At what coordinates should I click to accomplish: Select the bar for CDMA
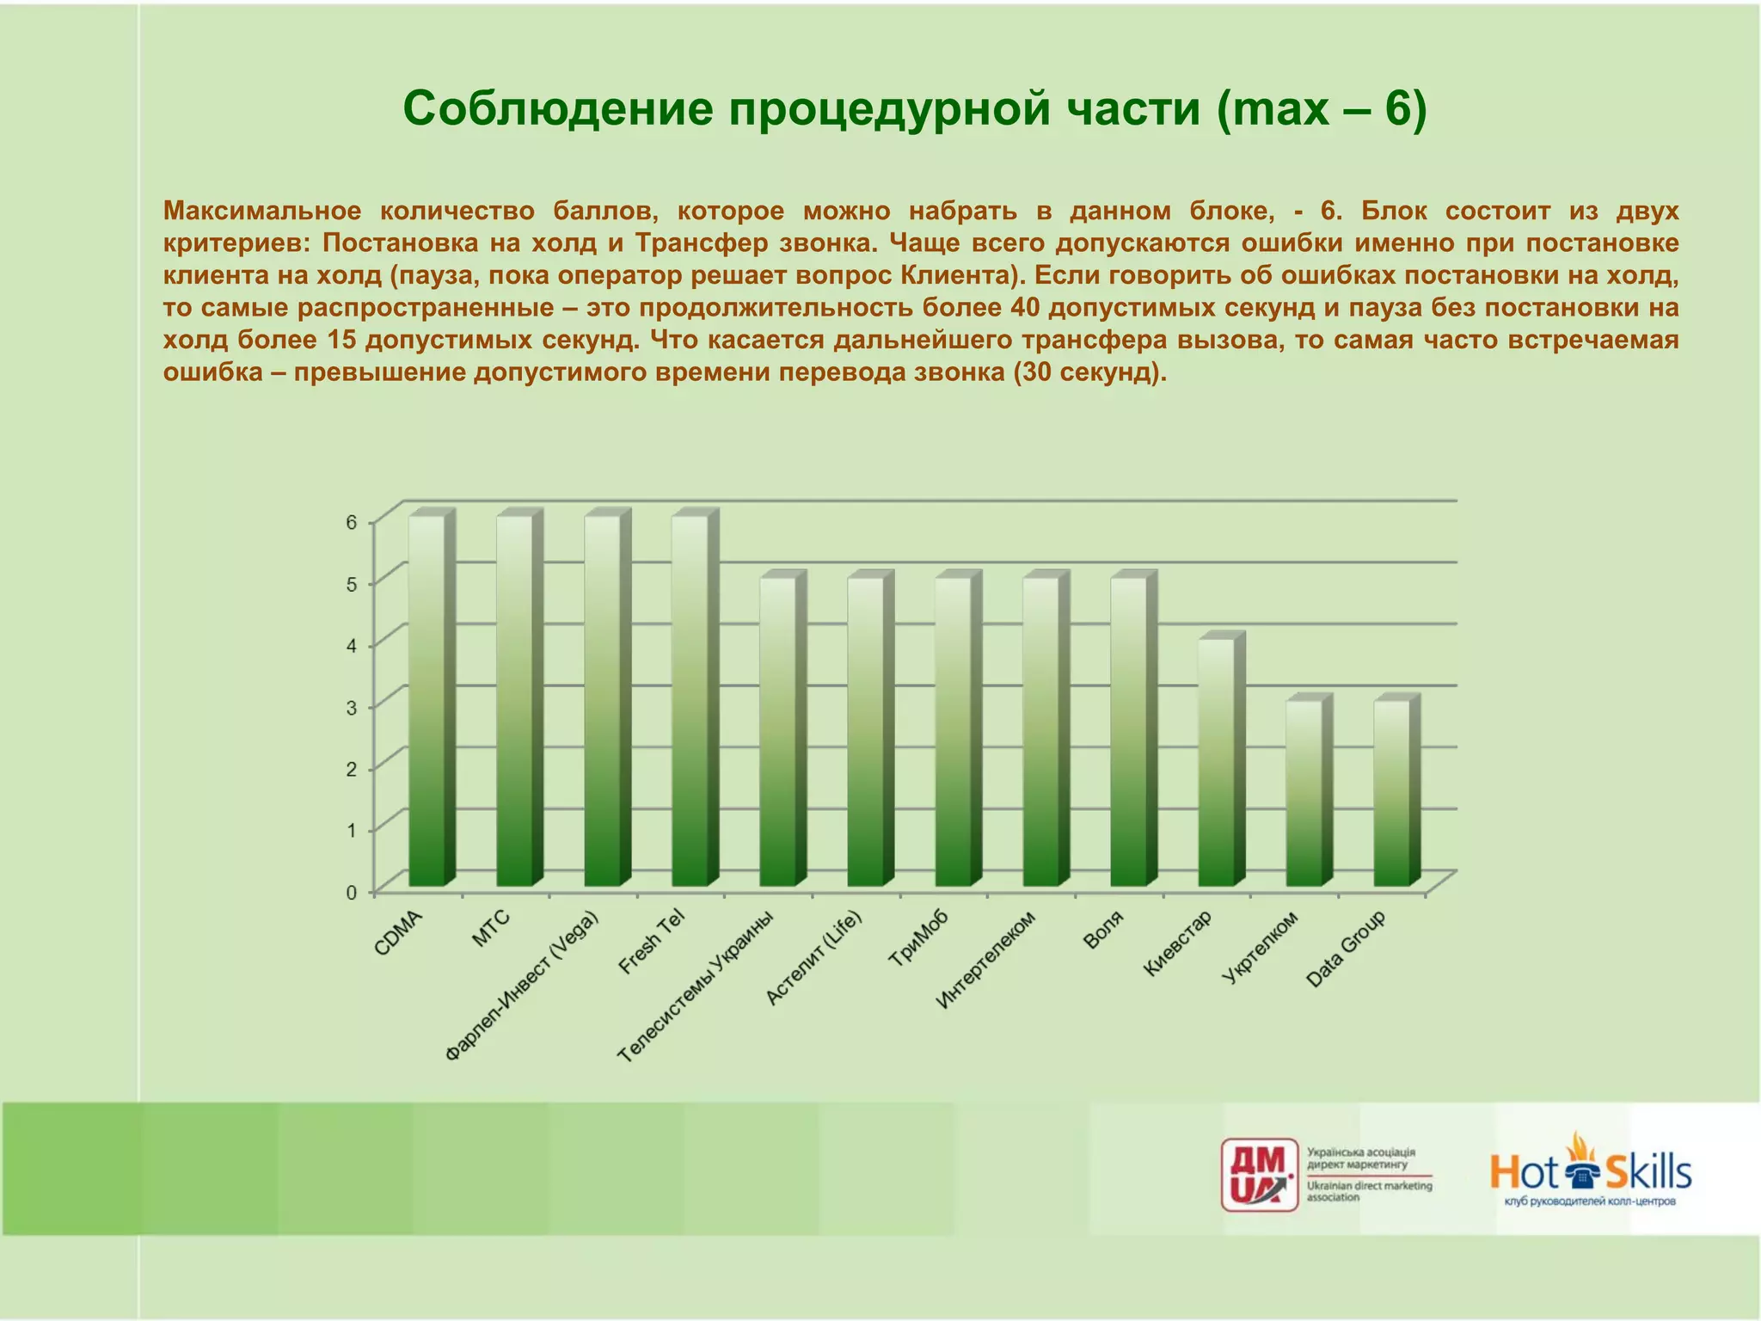coord(426,701)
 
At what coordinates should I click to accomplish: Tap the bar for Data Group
coord(1391,793)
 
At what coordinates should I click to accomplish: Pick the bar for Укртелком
coord(1304,793)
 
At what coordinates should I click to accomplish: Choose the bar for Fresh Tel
coord(690,701)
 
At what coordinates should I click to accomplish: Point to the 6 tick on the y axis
coord(352,522)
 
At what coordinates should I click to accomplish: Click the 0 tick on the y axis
coord(352,892)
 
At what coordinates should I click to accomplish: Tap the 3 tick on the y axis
coord(352,707)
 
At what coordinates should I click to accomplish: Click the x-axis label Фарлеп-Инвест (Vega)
coord(523,985)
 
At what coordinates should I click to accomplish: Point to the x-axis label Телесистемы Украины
coord(696,986)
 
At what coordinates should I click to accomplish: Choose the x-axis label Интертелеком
coord(985,959)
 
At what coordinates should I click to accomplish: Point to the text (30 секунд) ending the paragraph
coord(1089,372)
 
